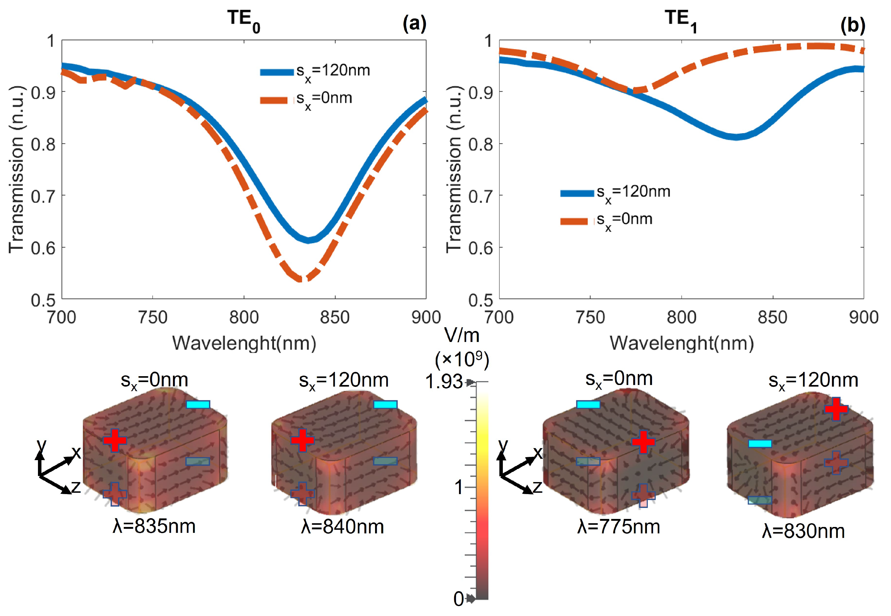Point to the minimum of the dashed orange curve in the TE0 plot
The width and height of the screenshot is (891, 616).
point(301,279)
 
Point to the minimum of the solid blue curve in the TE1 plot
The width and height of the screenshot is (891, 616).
point(736,137)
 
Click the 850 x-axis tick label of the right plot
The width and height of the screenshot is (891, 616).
point(773,318)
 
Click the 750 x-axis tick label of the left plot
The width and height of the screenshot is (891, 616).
point(153,318)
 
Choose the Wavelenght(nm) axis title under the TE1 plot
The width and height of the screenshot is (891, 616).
point(681,343)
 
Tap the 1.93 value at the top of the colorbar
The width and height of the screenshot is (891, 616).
point(444,382)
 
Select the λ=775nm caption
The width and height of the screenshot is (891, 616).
point(619,526)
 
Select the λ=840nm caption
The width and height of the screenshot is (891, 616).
point(342,526)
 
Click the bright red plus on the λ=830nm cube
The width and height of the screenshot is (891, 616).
point(836,409)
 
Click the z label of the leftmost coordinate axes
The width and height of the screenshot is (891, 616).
point(76,487)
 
